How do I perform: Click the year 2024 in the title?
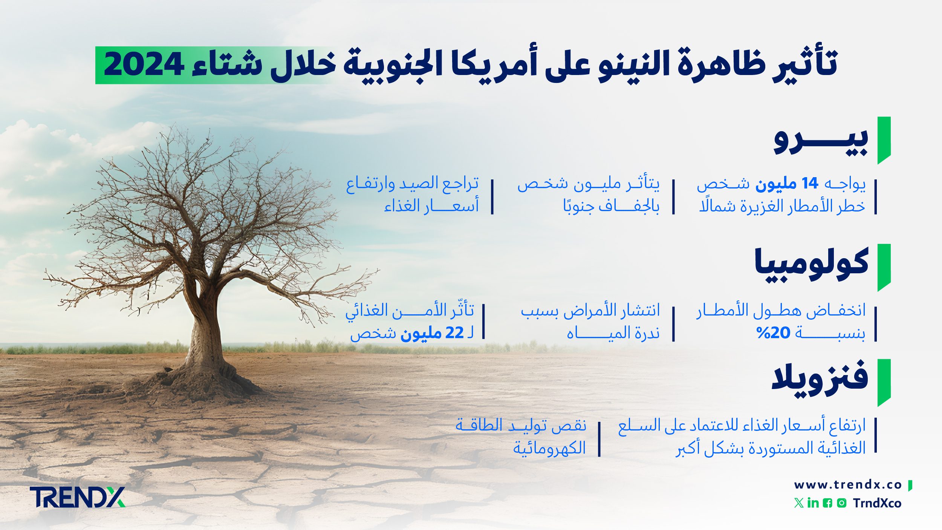[144, 65]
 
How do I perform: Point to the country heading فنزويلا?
[820, 379]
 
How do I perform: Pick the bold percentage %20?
[773, 333]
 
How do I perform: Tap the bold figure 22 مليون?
[432, 333]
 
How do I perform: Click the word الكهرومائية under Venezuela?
[549, 448]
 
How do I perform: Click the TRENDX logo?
[77, 497]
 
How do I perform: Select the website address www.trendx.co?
[848, 485]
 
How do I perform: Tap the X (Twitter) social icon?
[798, 503]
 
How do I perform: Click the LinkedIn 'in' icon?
[813, 503]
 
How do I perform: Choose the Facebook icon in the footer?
[827, 503]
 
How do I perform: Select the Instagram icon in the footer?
[841, 503]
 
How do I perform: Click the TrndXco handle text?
[877, 503]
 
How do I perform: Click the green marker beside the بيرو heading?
[884, 140]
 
